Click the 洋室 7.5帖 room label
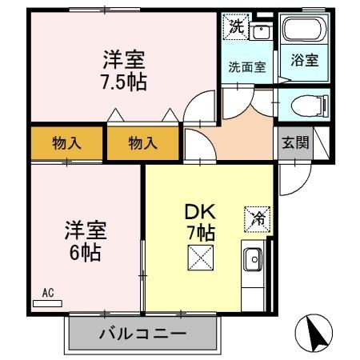(x=125, y=70)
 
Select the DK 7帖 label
(x=199, y=223)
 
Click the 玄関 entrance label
(x=294, y=143)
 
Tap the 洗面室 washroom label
(x=247, y=67)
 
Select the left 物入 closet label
(x=67, y=144)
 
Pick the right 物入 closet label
(x=142, y=144)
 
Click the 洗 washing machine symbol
(x=236, y=26)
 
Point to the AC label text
(x=47, y=294)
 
